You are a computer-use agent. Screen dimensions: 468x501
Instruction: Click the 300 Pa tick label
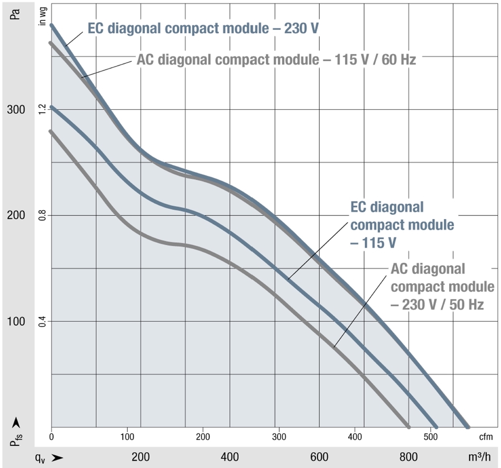pos(16,110)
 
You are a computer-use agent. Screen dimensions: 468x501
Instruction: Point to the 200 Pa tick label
pos(16,215)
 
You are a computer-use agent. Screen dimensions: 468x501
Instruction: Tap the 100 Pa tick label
pos(16,321)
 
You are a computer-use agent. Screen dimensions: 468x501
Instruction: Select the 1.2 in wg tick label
pos(41,109)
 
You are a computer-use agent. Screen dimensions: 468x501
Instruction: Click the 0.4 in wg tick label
pos(41,321)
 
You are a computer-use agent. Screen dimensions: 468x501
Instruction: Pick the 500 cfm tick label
pos(430,437)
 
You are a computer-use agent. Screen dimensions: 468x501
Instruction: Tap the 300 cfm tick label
pos(279,437)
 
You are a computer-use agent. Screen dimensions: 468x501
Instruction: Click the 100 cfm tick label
pos(127,437)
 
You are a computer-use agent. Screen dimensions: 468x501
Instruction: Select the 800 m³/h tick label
pos(409,457)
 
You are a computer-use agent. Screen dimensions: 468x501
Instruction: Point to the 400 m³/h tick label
pos(230,457)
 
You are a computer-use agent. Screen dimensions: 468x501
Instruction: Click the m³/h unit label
pos(479,457)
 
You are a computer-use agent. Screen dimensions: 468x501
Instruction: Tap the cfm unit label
pos(486,437)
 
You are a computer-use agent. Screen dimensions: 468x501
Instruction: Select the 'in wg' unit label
pos(42,16)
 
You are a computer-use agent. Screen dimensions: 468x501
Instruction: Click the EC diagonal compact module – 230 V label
pos(203,28)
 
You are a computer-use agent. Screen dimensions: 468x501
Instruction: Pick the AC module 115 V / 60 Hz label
pos(276,60)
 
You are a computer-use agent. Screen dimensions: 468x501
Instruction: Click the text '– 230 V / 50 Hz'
pos(437,305)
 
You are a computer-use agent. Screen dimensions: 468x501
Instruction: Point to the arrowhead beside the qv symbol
pos(57,457)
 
